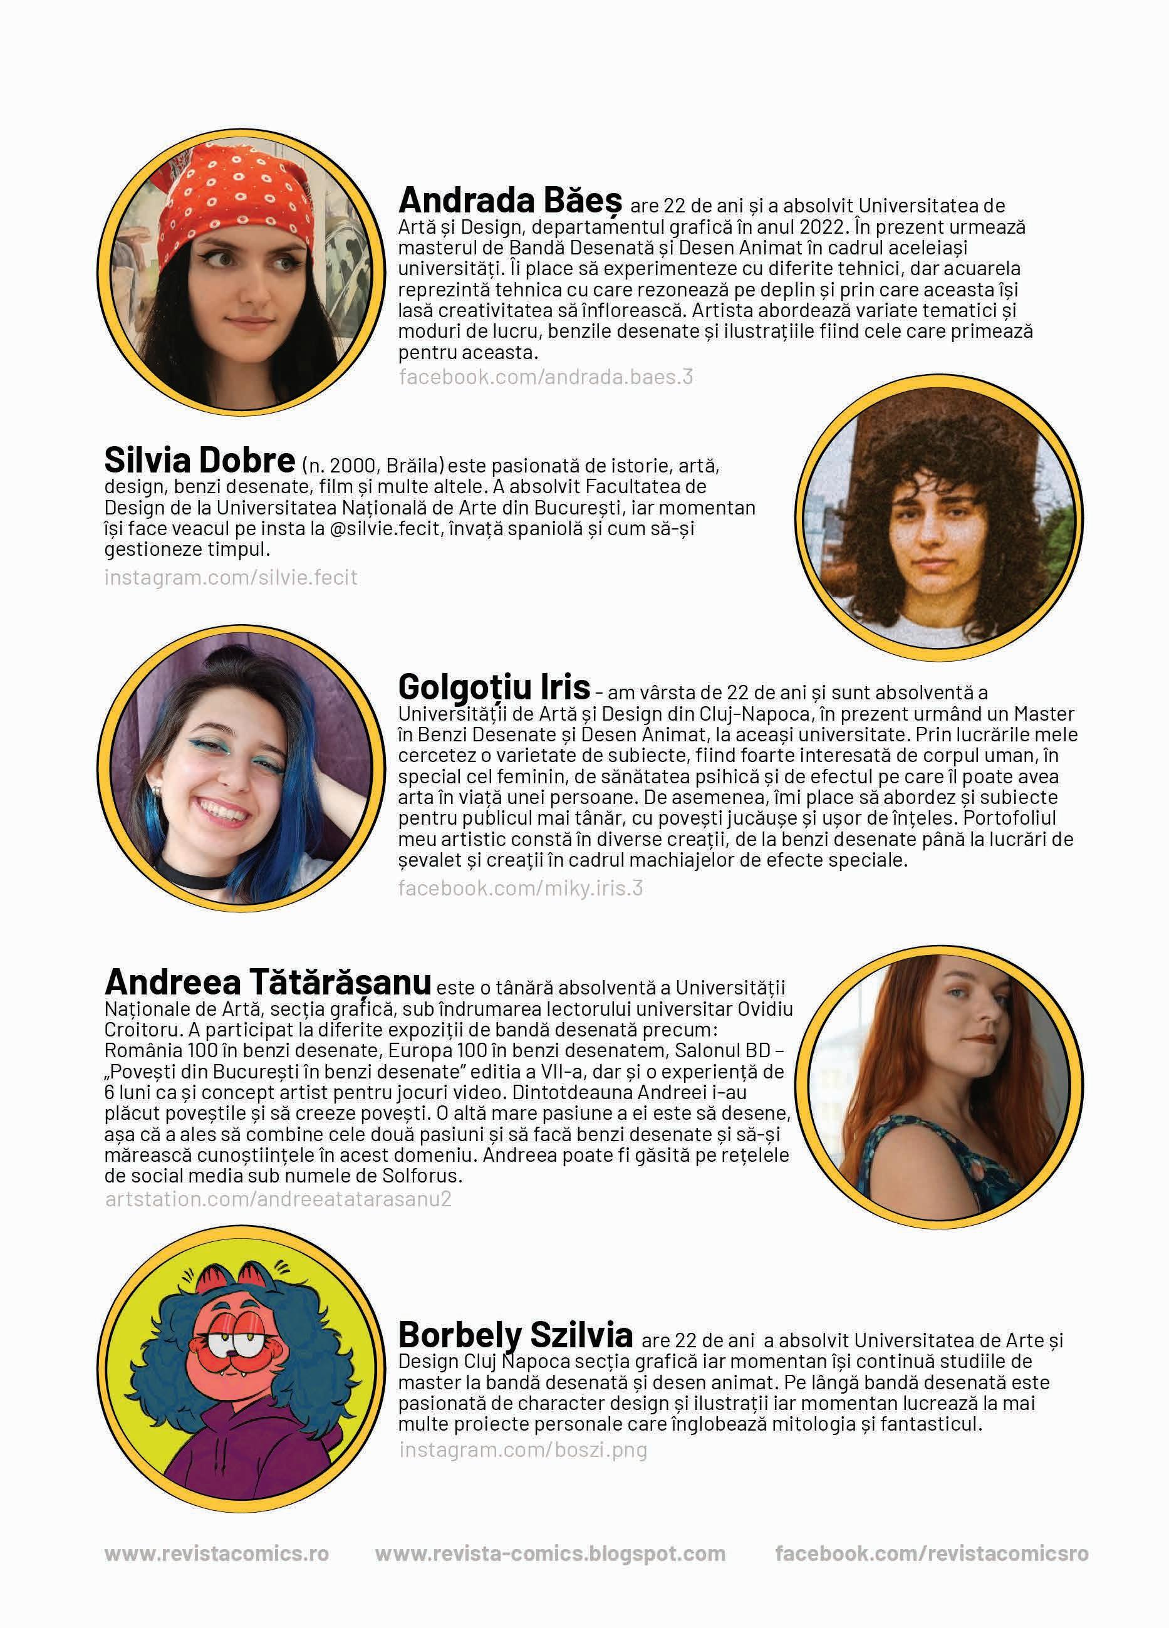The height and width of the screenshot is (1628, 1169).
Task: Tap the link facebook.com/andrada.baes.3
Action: click(x=546, y=377)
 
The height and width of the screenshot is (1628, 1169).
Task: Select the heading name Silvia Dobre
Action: click(x=199, y=459)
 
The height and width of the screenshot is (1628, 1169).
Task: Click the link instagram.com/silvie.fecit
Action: click(x=231, y=577)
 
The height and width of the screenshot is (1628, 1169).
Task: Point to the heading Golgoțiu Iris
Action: click(x=494, y=687)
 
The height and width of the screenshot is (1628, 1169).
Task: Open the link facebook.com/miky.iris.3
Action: click(x=520, y=888)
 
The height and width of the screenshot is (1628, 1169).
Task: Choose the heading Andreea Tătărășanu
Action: click(x=268, y=981)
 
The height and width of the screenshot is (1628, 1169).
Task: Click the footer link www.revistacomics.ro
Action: click(x=217, y=1554)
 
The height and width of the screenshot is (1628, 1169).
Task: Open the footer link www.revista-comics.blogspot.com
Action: click(x=549, y=1554)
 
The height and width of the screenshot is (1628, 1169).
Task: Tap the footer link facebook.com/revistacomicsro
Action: click(x=932, y=1554)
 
